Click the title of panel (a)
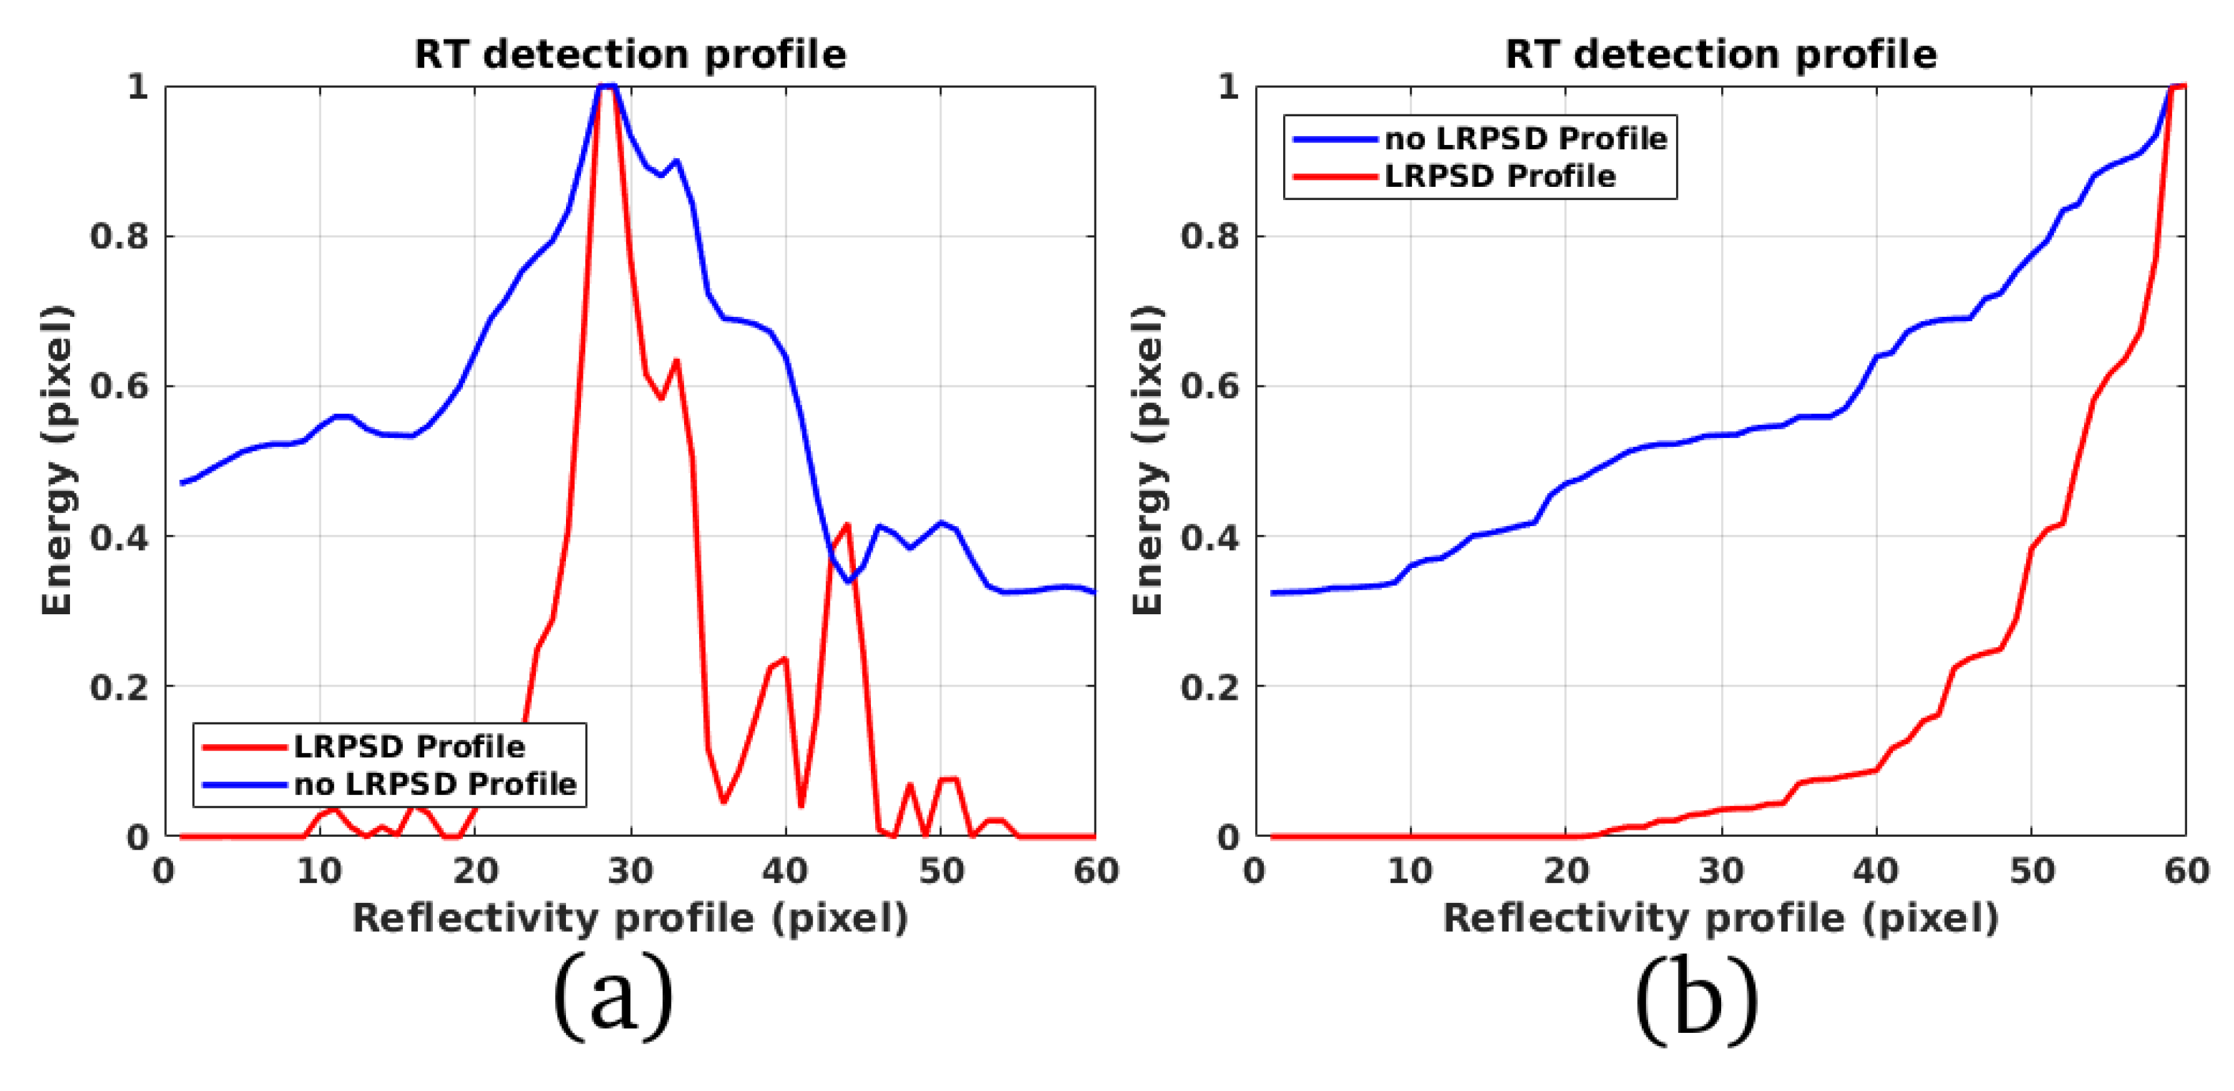pos(630,54)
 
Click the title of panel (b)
pos(1720,54)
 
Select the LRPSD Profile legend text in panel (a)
pos(409,747)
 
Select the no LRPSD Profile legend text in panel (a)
pos(435,784)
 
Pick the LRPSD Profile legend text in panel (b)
pos(1499,176)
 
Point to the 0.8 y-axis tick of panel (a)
pos(121,236)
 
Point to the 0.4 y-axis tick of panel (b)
pos(1211,537)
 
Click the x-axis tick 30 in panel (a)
pos(630,870)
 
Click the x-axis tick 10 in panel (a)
pos(319,870)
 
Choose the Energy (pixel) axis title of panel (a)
pos(57,461)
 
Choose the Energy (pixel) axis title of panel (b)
pos(1148,461)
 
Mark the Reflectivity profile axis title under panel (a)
pos(630,919)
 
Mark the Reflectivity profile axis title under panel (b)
pos(1720,919)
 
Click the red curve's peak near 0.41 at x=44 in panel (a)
pos(847,525)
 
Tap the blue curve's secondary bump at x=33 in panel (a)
pos(677,161)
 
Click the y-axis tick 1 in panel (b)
pos(1228,87)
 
